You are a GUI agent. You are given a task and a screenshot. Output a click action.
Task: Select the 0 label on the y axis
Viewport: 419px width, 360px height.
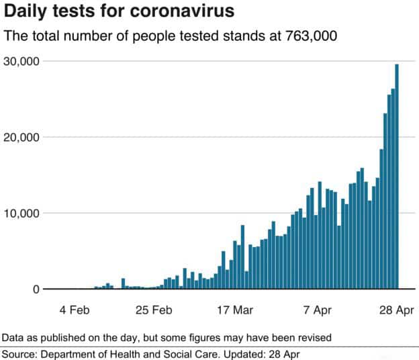pyautogui.click(x=36, y=289)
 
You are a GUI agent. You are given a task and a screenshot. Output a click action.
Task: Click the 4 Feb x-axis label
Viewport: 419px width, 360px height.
pyautogui.click(x=75, y=310)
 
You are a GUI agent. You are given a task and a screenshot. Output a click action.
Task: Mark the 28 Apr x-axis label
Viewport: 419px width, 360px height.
pyautogui.click(x=395, y=310)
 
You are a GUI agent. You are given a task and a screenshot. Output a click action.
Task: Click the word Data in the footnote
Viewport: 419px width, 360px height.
pyautogui.click(x=11, y=336)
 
